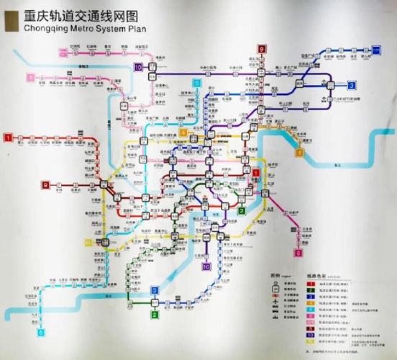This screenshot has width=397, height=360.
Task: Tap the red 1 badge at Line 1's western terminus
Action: [x=8, y=137]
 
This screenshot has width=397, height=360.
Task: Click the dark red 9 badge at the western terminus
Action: [x=45, y=185]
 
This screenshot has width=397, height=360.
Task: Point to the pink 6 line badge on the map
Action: [x=298, y=253]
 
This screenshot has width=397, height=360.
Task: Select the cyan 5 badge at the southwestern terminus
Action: [x=41, y=333]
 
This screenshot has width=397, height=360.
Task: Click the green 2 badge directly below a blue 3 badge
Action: [x=154, y=314]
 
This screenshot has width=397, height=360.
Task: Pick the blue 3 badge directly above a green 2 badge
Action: [x=154, y=290]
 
